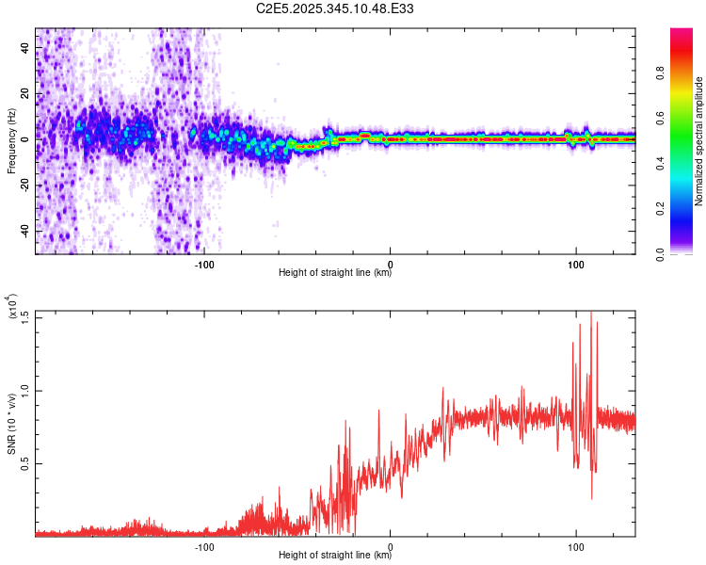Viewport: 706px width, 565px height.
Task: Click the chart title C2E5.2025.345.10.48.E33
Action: click(335, 8)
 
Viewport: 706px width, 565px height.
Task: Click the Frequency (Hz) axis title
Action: click(11, 140)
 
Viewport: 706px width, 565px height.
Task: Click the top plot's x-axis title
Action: click(335, 273)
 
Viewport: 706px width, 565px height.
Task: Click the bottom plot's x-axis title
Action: click(335, 555)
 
